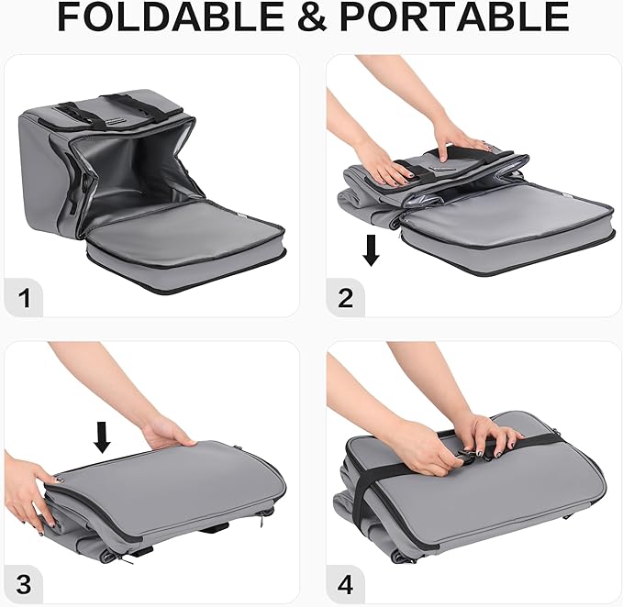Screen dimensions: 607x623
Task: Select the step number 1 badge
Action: pos(24,299)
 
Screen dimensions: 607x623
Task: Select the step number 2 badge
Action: pos(345,299)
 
